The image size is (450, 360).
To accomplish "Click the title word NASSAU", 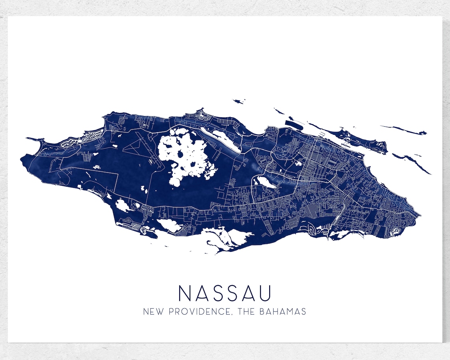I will pyautogui.click(x=225, y=293).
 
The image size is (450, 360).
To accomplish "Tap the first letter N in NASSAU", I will pyautogui.click(x=184, y=293).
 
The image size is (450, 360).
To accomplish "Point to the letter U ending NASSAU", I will pyautogui.click(x=265, y=293).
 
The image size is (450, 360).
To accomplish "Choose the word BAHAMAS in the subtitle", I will pyautogui.click(x=283, y=311).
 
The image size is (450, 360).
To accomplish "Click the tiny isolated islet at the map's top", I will pyautogui.click(x=238, y=101).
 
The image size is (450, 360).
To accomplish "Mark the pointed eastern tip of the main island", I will pyautogui.click(x=420, y=215).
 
